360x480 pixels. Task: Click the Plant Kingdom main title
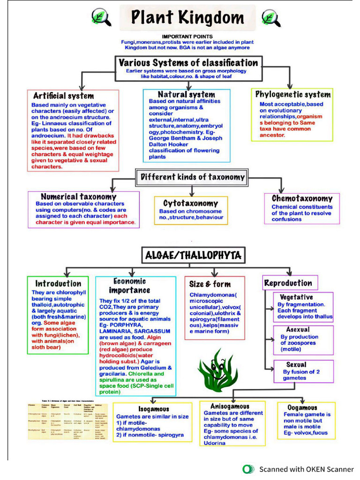187,18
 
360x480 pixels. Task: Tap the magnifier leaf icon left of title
101,17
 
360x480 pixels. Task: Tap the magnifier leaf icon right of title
270,17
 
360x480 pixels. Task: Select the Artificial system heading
63,96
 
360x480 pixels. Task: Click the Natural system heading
186,94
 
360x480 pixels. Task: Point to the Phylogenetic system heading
292,94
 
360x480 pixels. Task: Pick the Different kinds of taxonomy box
192,177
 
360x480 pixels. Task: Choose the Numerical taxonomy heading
78,196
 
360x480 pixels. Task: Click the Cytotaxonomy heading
190,203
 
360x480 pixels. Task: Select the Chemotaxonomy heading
302,198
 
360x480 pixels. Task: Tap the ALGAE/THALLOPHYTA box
193,255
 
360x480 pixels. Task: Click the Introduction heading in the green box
58,284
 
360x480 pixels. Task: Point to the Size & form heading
210,284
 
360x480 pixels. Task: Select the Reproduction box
288,283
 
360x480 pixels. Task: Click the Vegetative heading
296,297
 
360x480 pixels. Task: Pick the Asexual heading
298,330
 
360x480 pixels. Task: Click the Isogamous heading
154,409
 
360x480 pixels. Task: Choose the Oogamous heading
303,407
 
